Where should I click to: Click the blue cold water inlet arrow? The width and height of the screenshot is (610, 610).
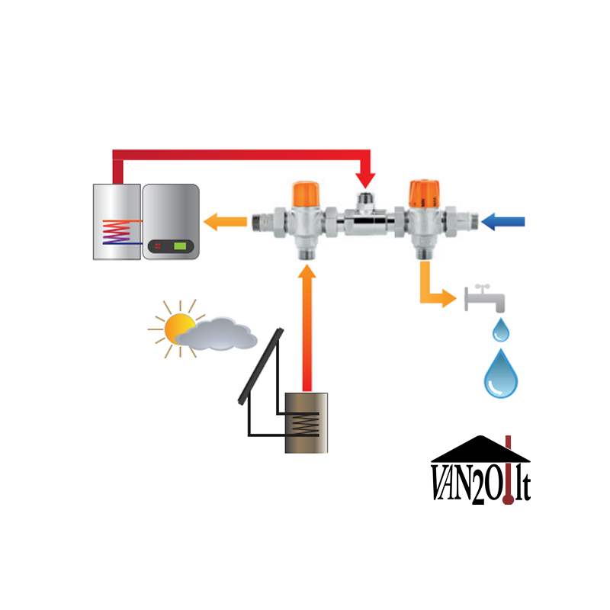point(504,222)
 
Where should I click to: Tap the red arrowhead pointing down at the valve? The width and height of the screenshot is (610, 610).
point(365,179)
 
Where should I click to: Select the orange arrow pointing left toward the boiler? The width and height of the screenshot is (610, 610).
point(225,222)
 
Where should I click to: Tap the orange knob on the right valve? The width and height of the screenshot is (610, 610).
point(421,192)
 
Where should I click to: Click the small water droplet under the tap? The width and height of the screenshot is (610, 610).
point(500,330)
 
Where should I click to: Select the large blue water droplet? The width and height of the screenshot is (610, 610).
point(501,374)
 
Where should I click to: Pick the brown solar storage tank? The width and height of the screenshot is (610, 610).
point(307,422)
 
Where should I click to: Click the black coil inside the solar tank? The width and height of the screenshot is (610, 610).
point(306,424)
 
